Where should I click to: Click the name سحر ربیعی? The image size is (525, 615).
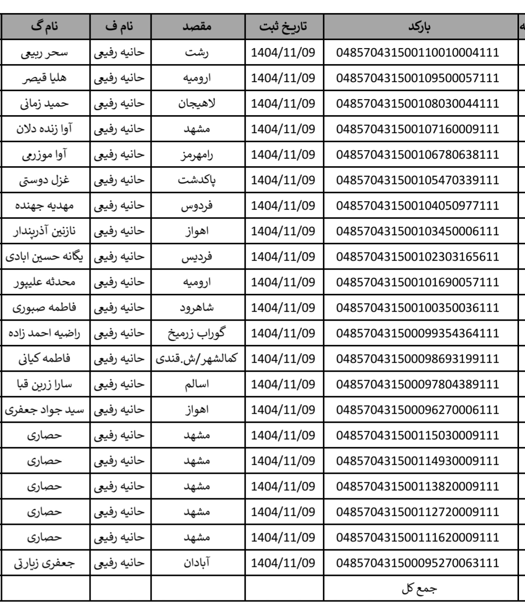point(44,53)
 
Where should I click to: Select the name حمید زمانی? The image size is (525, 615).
point(44,104)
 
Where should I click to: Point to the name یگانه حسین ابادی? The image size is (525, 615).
point(44,257)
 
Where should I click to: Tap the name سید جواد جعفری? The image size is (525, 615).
point(44,410)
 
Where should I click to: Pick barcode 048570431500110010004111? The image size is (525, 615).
point(419,53)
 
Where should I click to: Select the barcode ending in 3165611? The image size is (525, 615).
point(419,257)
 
